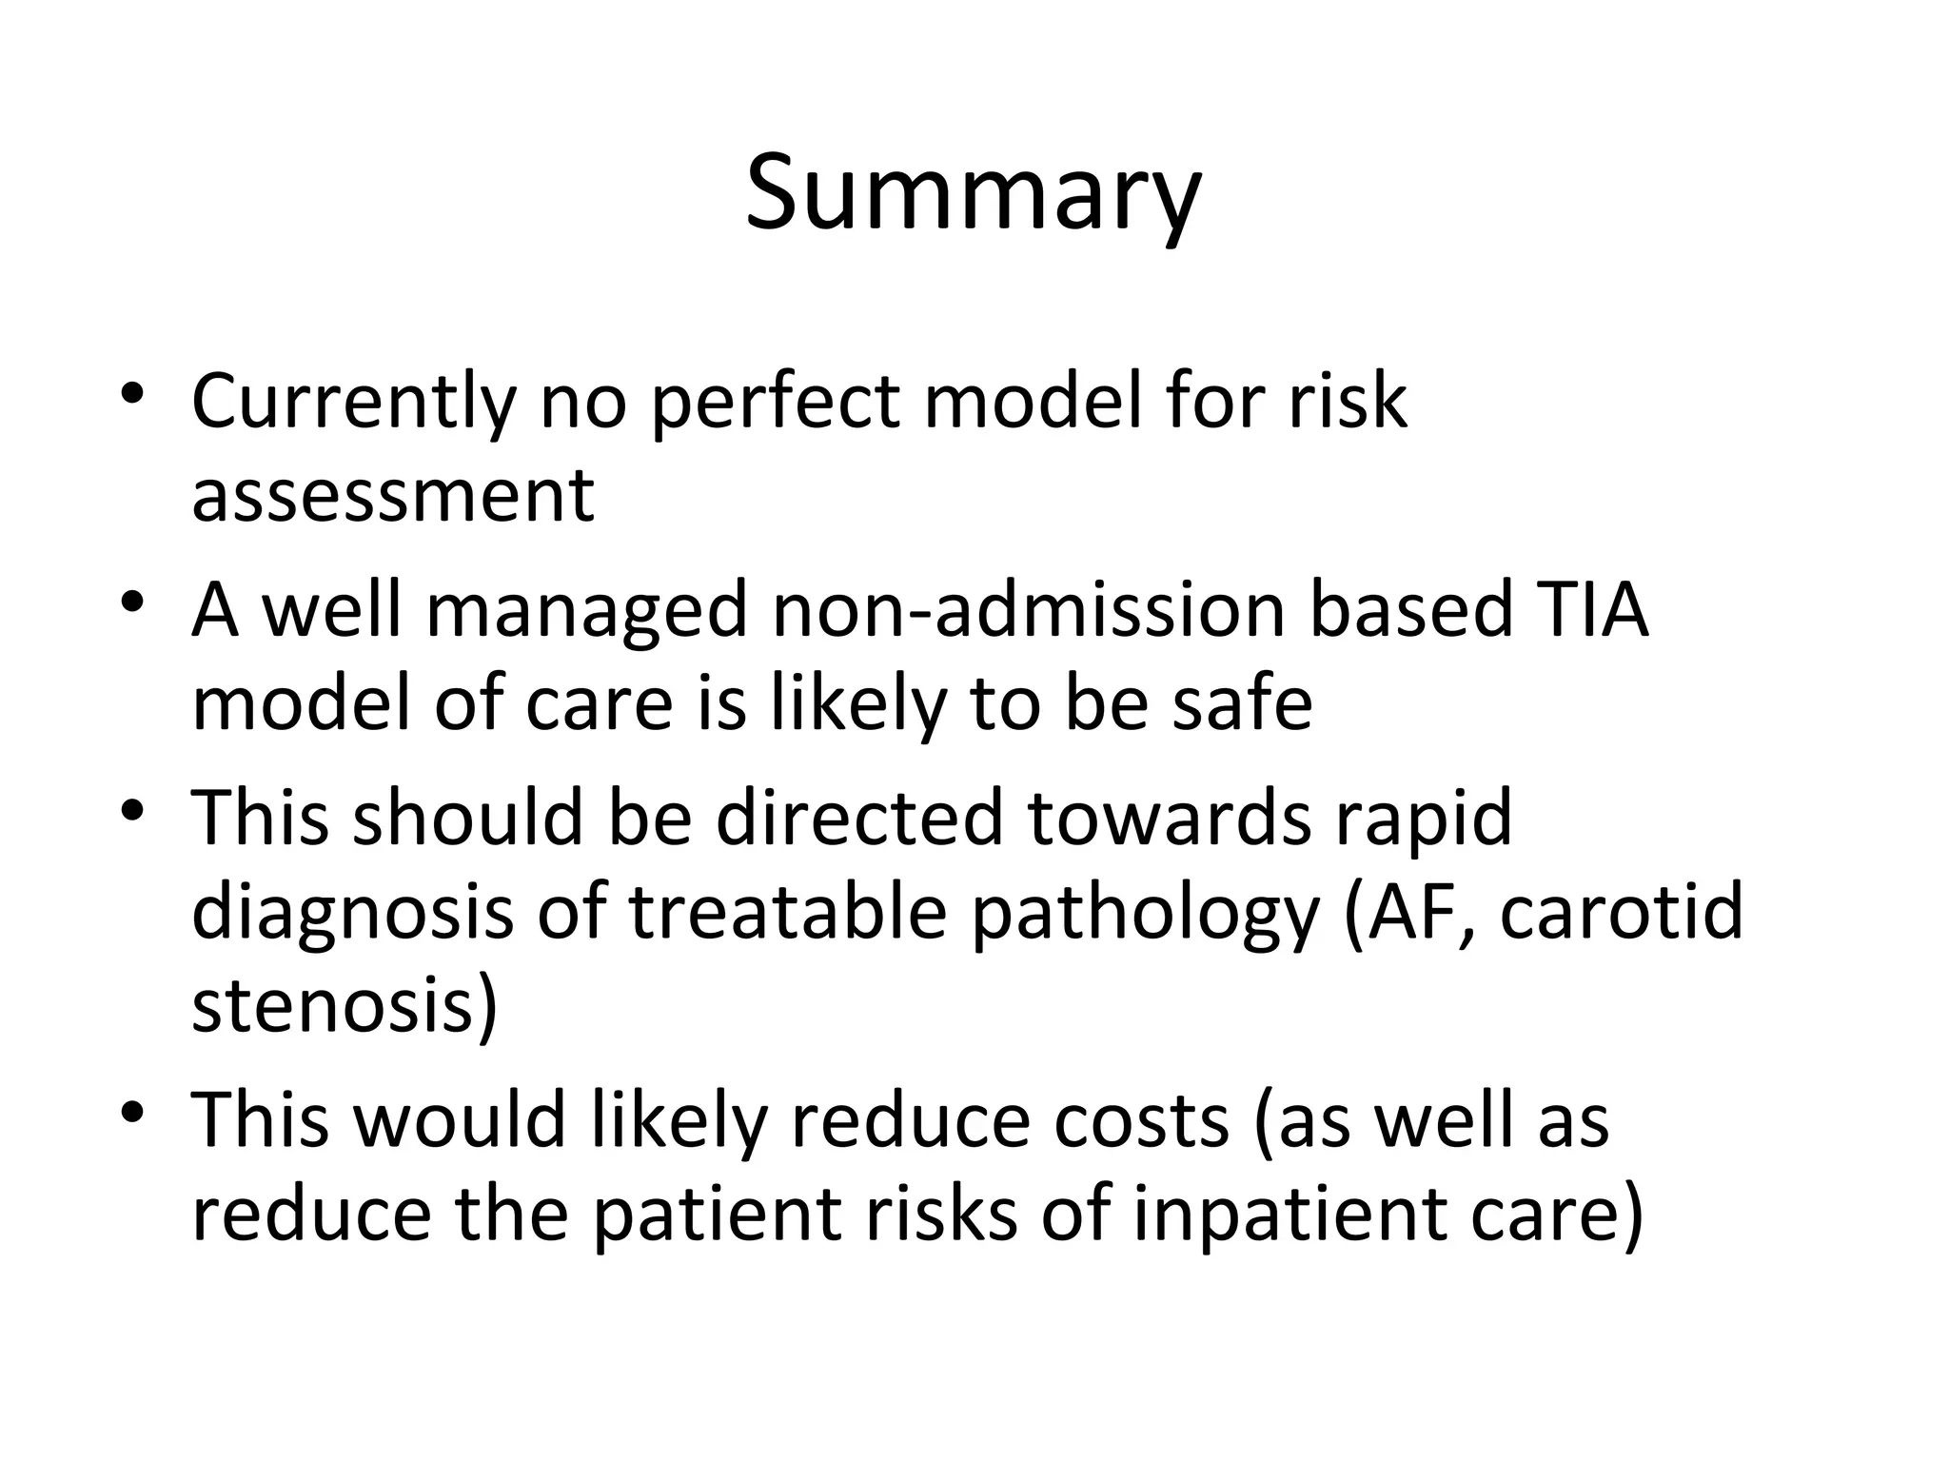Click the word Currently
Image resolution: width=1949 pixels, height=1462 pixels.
pyautogui.click(x=352, y=402)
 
